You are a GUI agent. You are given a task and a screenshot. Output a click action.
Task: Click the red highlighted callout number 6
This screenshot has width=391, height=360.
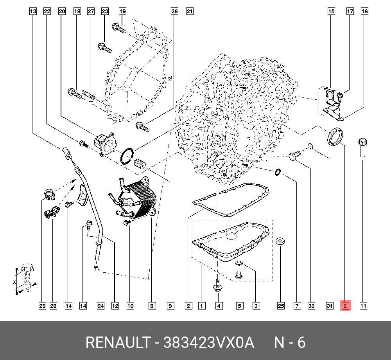345,306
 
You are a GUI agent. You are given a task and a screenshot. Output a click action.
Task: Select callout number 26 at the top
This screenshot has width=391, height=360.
174,12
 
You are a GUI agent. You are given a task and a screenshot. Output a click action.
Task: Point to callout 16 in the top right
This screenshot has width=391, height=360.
364,12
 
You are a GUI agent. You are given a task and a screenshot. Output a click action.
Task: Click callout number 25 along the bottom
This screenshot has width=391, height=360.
281,306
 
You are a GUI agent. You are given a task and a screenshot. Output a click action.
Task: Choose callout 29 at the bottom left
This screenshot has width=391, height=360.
42,306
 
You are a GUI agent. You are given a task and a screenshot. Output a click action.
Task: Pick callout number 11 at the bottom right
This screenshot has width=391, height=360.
363,306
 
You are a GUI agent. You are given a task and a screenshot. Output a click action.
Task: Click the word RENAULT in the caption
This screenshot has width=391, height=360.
117,343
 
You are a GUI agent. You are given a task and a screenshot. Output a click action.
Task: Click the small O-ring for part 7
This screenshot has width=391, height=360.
278,172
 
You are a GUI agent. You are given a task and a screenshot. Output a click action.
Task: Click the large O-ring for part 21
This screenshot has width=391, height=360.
127,156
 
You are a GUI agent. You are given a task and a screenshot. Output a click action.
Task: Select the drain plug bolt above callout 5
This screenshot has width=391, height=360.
238,276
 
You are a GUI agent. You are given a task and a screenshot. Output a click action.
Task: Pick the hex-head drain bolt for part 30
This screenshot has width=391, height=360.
294,156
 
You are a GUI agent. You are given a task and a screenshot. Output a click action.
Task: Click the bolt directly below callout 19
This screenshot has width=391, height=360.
118,28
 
